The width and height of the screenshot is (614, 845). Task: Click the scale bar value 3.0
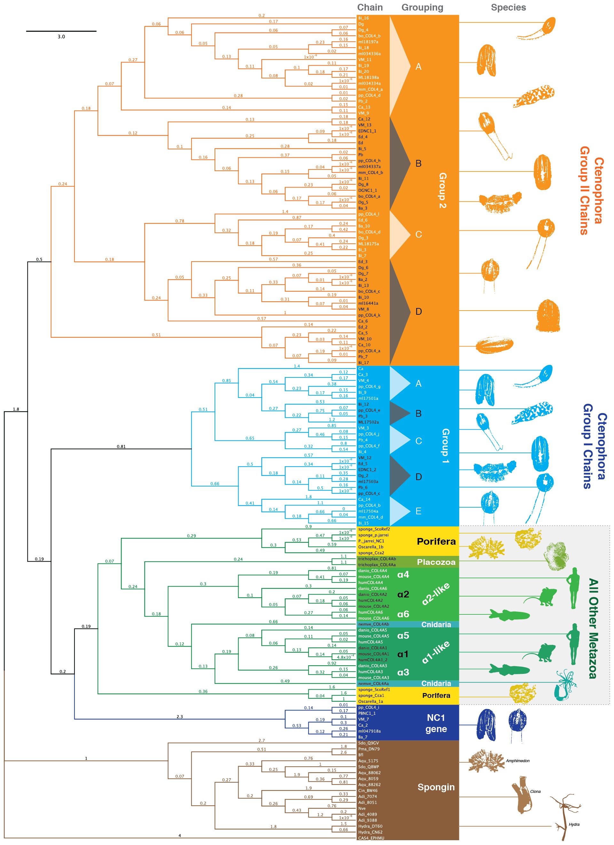pos(61,36)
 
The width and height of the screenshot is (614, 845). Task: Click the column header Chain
pos(370,7)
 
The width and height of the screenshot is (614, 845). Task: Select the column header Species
pos(508,7)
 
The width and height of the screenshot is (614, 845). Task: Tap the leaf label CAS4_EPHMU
pos(371,838)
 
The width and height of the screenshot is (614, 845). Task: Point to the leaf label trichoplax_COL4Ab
pos(377,559)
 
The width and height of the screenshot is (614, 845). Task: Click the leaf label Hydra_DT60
pos(370,826)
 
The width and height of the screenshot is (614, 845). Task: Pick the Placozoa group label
pos(436,562)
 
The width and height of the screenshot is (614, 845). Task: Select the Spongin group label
pos(436,787)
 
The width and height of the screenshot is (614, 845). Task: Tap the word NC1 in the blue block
pos(436,718)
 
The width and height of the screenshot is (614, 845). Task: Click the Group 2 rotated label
pos(442,190)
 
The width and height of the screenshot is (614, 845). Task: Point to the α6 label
pos(403,614)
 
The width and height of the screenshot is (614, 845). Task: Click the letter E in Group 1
pos(418,511)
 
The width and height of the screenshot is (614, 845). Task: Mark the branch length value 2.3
pos(180,716)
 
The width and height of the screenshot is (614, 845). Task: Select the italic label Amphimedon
pos(517,761)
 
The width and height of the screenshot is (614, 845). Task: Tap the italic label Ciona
pos(535,791)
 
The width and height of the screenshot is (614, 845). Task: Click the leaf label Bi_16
pos(363,18)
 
